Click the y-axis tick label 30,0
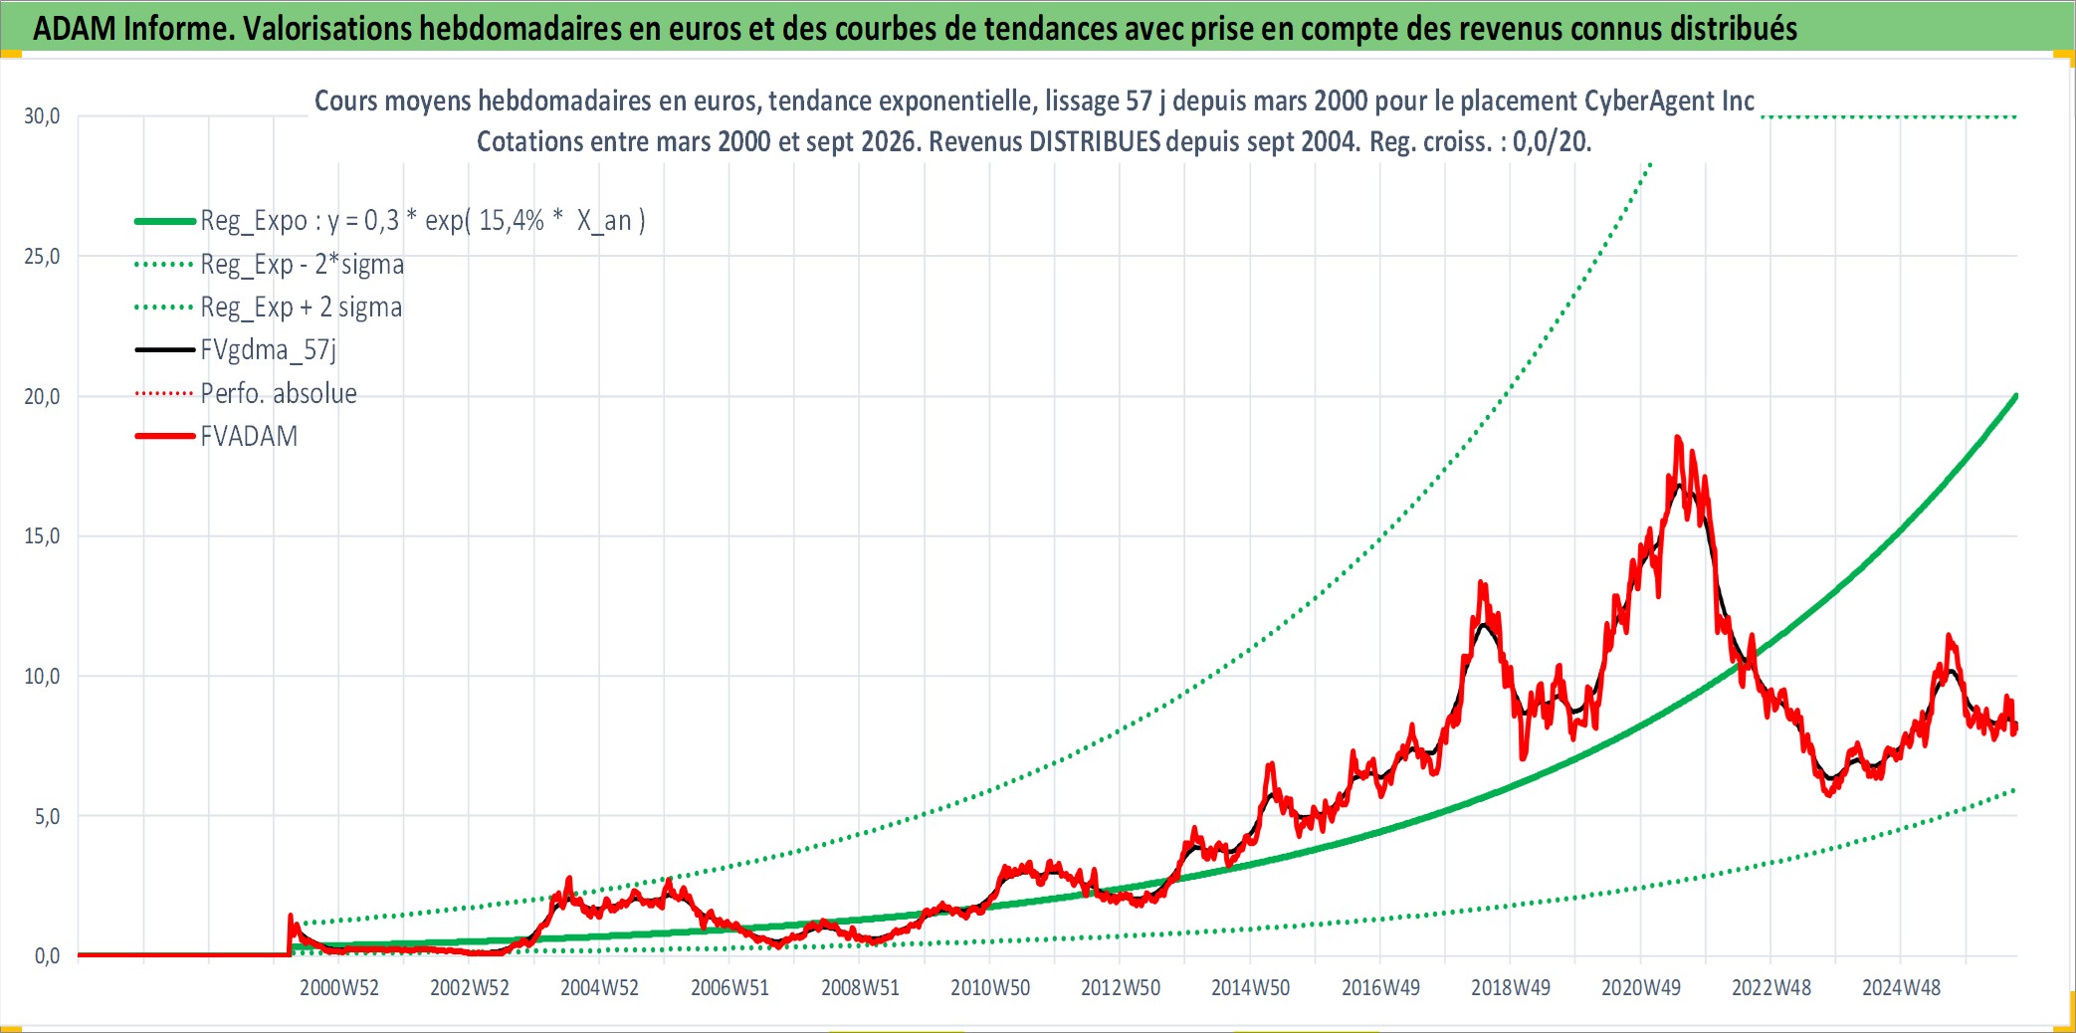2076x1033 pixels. pyautogui.click(x=42, y=116)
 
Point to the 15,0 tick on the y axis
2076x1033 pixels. pyautogui.click(x=42, y=536)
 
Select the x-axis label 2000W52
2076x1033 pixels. pyautogui.click(x=339, y=987)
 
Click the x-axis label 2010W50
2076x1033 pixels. pyautogui.click(x=990, y=987)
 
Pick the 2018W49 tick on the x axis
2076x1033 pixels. pyautogui.click(x=1511, y=987)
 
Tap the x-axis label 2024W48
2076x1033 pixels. pyautogui.click(x=1901, y=987)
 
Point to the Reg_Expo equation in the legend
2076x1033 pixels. pyautogui.click(x=423, y=220)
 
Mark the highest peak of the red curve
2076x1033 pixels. pyautogui.click(x=1678, y=437)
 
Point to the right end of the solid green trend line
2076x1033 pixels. pyautogui.click(x=2015, y=396)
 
